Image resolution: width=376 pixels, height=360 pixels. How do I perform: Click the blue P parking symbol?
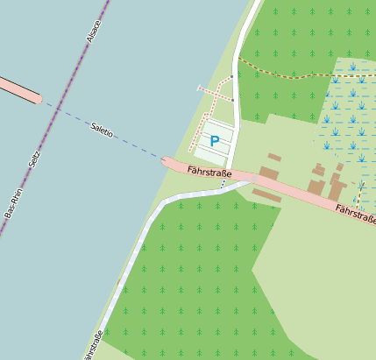point(215,141)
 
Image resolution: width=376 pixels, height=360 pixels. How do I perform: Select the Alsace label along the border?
point(94,31)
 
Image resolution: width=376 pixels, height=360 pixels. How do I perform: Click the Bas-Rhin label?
point(12,203)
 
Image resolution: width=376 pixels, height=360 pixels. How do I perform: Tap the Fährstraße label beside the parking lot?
point(209,173)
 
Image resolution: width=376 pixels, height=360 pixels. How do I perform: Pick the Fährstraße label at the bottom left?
point(93,344)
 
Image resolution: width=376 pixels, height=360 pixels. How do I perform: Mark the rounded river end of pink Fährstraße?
point(167,161)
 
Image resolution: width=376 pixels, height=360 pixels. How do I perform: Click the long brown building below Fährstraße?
point(266,195)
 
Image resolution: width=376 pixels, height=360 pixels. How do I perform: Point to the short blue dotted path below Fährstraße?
point(223,185)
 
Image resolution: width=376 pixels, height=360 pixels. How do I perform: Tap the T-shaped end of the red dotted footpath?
point(200,88)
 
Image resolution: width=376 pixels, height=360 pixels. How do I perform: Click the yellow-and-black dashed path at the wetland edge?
point(358,198)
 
